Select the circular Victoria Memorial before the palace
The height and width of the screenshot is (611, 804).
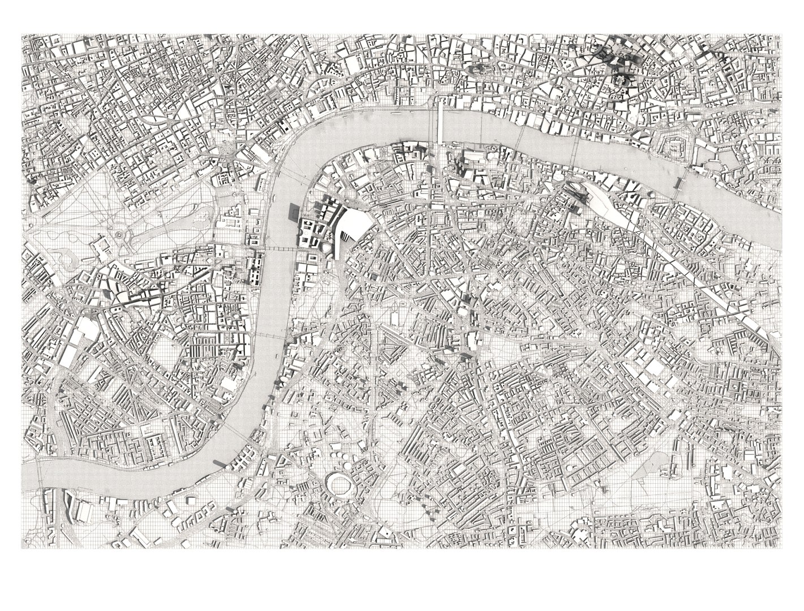(x=119, y=234)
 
